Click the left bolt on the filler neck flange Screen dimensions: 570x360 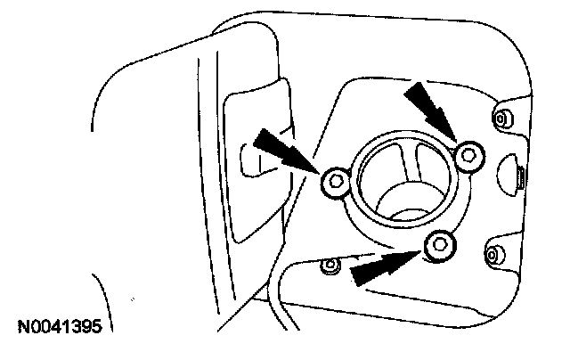click(336, 183)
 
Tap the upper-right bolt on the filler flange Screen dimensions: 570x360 click(468, 157)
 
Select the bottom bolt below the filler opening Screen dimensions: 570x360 click(438, 245)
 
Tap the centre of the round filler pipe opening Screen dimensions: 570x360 click(401, 183)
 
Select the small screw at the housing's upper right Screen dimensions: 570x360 click(501, 118)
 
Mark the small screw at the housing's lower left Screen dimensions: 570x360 click(330, 266)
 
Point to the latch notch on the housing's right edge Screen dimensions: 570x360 click(512, 169)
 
